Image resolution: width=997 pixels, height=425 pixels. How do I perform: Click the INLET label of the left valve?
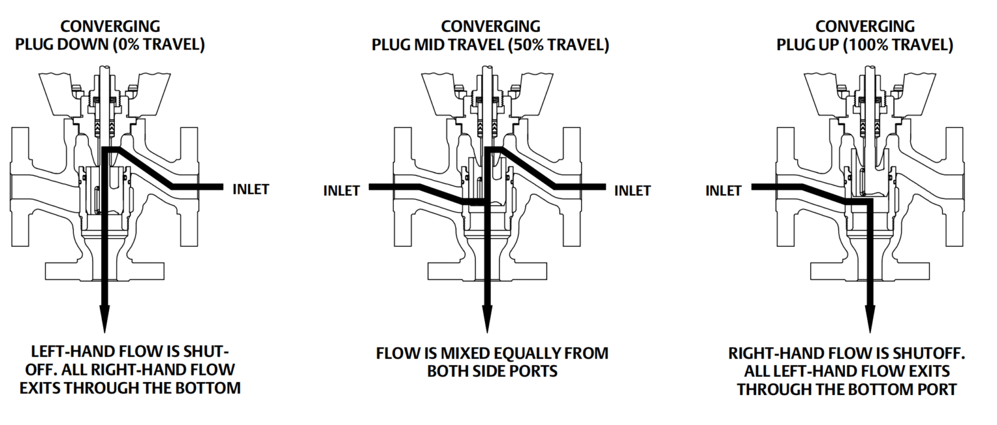point(251,190)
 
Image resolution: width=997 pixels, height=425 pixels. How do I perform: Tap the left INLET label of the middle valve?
point(341,191)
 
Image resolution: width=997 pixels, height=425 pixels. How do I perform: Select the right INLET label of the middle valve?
point(632,190)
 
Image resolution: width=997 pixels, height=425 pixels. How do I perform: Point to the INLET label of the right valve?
point(723,191)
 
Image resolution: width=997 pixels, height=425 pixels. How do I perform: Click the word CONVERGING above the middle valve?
point(490,27)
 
